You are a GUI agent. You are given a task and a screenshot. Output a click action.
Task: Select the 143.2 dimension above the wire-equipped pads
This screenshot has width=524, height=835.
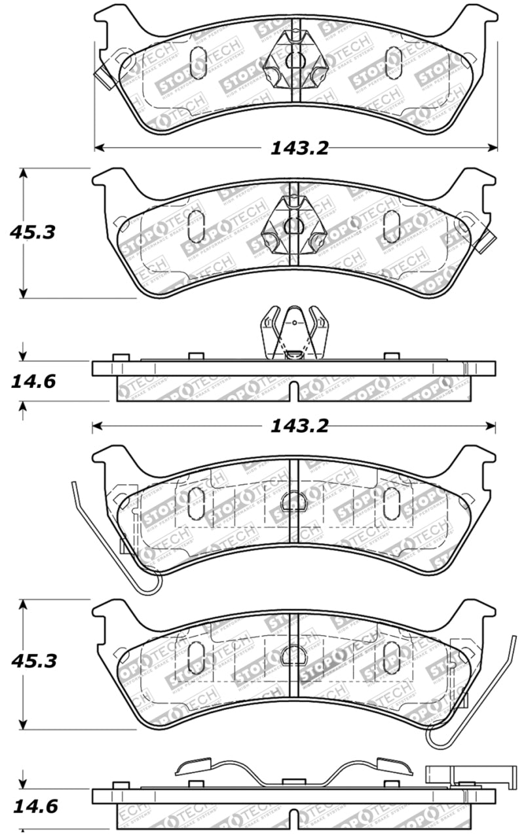click(299, 427)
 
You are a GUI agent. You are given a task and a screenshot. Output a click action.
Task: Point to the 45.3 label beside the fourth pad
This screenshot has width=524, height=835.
click(33, 661)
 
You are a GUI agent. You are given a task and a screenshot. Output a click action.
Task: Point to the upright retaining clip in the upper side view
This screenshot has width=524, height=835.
click(294, 332)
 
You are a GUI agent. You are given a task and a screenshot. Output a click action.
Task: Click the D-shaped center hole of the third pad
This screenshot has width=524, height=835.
click(291, 502)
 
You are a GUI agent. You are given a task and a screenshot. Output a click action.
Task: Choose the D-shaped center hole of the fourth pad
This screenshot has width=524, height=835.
click(291, 655)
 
